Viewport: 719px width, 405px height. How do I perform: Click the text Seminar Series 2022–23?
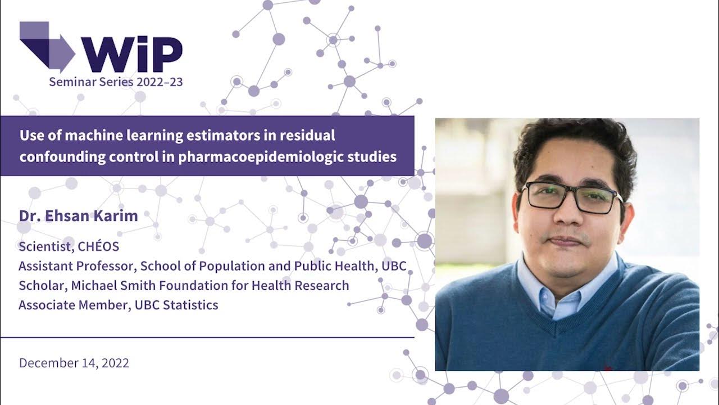click(116, 82)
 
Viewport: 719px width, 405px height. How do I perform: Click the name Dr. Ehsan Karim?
click(78, 217)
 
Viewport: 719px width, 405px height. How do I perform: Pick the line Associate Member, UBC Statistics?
click(119, 305)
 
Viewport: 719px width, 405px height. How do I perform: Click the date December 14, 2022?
click(74, 363)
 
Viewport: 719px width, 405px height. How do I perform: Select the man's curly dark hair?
click(573, 143)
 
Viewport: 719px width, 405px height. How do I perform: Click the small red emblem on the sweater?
click(607, 368)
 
